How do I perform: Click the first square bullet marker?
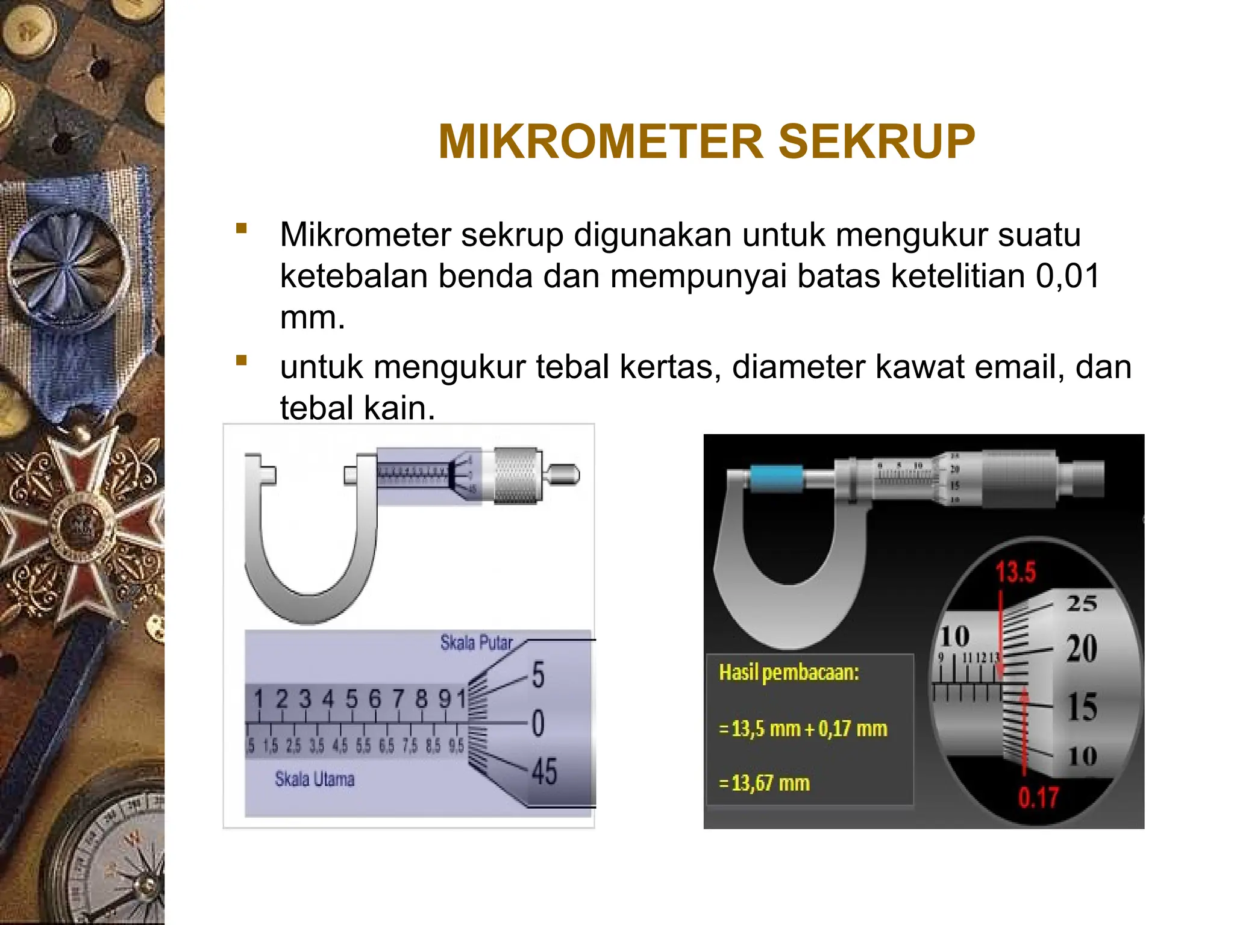click(x=242, y=228)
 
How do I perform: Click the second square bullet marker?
click(x=242, y=361)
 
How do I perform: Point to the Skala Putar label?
click(x=476, y=643)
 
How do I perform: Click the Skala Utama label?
click(x=315, y=779)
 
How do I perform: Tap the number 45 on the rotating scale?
click(x=544, y=771)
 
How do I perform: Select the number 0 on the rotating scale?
click(x=538, y=723)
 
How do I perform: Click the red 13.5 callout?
click(x=1015, y=572)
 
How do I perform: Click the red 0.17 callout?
click(x=1038, y=798)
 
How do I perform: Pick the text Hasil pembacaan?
click(x=789, y=672)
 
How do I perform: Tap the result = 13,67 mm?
click(x=765, y=783)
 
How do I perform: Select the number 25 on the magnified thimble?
click(x=1082, y=603)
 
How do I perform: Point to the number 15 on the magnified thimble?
click(x=1082, y=707)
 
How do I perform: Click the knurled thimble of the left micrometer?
click(x=517, y=475)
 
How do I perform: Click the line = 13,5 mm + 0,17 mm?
click(x=803, y=729)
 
